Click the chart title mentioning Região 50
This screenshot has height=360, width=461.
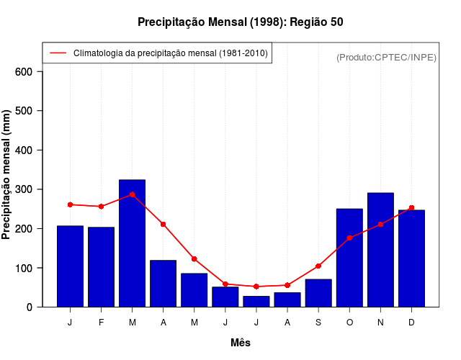[240, 22]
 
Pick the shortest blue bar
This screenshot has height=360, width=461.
[256, 302]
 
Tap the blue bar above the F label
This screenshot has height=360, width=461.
[102, 267]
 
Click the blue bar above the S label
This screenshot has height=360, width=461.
[318, 293]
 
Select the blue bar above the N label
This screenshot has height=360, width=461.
[380, 250]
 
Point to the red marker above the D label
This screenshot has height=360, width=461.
[411, 208]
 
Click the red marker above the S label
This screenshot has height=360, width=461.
[318, 266]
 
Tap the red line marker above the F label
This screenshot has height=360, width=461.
[102, 207]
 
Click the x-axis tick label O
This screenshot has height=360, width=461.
[349, 323]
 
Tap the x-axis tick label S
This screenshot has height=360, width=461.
[318, 323]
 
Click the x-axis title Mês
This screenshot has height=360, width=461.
[241, 343]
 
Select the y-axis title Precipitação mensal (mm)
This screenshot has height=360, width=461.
[7, 175]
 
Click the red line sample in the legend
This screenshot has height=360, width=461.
[58, 53]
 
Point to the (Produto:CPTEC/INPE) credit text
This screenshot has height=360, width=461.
[386, 57]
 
